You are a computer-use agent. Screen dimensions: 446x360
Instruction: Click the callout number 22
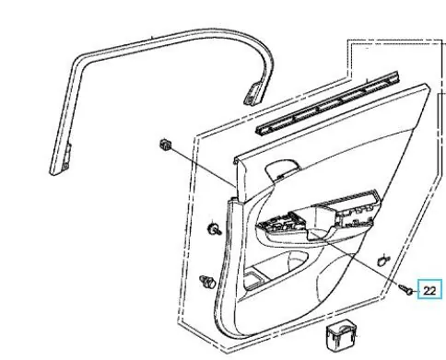click(429, 290)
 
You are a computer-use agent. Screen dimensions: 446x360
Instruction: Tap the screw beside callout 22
click(405, 289)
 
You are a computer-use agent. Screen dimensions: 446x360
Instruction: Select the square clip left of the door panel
click(165, 145)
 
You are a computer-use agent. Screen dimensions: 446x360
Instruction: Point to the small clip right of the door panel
click(383, 261)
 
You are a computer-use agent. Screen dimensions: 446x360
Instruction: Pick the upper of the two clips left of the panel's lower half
click(214, 229)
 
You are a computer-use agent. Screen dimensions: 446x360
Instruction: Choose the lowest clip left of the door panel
click(207, 282)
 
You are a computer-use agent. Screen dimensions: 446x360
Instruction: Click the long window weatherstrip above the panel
click(327, 103)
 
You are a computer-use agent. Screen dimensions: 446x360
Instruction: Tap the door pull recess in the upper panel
click(282, 169)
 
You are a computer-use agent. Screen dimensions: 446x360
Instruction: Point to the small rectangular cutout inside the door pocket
click(253, 278)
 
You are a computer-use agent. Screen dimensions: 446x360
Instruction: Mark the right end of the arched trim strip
click(253, 94)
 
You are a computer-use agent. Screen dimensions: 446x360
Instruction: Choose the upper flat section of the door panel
click(332, 129)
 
